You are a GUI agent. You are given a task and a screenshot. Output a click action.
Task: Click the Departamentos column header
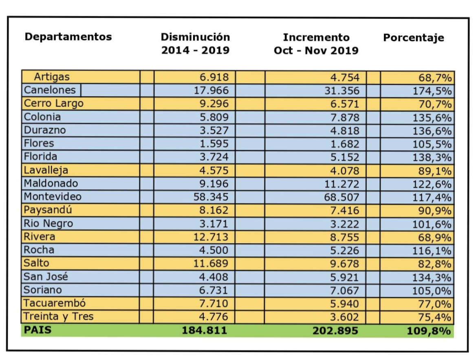point(68,37)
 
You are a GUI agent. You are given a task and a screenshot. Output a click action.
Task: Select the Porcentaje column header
point(413,38)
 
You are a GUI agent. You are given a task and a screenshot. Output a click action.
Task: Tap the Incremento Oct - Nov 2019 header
point(316,44)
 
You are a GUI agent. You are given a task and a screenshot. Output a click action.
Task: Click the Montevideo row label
point(53,197)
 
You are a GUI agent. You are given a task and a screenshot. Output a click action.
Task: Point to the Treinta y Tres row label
point(58,316)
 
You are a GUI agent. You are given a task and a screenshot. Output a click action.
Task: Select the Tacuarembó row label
point(54,303)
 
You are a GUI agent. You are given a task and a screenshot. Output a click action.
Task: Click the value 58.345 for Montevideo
point(211,197)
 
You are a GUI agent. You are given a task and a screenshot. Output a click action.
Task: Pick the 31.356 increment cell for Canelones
point(342,90)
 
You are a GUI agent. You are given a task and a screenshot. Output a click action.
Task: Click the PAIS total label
point(38,329)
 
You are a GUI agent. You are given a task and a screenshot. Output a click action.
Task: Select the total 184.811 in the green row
point(204,330)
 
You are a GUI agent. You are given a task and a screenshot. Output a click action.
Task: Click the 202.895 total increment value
point(335,330)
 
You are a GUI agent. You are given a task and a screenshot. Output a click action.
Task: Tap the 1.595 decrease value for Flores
point(215,144)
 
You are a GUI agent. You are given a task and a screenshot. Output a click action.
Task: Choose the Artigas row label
point(52,77)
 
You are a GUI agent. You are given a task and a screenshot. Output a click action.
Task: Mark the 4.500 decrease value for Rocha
point(215,250)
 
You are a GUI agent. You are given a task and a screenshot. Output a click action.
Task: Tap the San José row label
point(46,277)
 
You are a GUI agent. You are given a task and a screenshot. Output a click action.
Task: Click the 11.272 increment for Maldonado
point(342,184)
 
